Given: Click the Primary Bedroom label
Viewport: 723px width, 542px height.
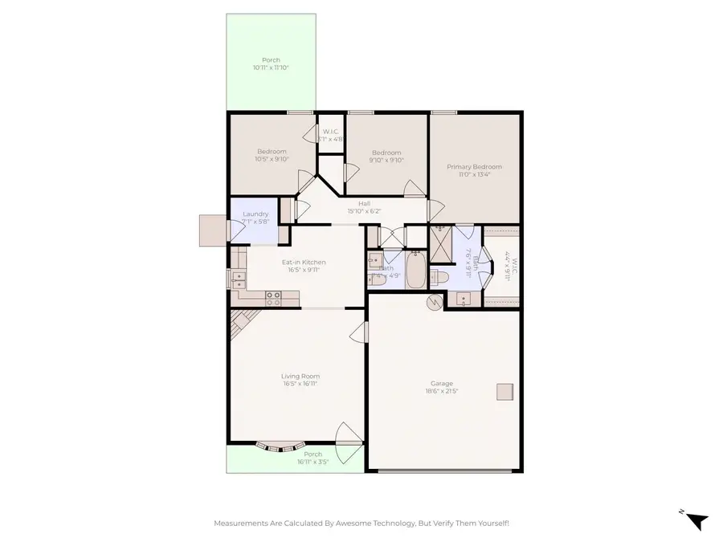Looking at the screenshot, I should click(x=474, y=167).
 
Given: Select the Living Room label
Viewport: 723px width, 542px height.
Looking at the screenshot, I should click(x=300, y=376).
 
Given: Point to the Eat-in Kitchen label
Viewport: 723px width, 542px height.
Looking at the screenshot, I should click(x=303, y=262).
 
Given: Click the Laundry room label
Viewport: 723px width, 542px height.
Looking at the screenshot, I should click(x=255, y=214).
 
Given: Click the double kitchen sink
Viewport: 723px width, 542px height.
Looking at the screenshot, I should click(x=239, y=278).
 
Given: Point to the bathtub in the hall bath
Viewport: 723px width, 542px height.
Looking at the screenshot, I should click(x=416, y=271).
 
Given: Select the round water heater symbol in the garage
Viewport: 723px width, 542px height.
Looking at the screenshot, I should click(x=435, y=303).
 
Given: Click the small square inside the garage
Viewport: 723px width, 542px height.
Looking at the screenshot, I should click(x=504, y=391).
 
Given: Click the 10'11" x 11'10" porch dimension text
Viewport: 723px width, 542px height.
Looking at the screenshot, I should click(x=270, y=68).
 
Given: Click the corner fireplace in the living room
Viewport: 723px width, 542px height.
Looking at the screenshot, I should click(x=240, y=324).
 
